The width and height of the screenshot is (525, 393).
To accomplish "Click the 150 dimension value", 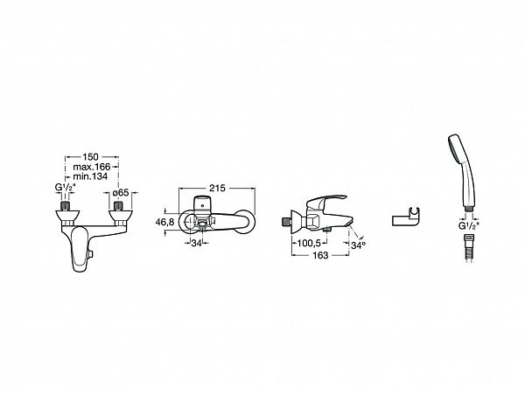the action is click(x=90, y=156).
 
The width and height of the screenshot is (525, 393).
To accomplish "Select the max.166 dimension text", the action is click(x=92, y=167).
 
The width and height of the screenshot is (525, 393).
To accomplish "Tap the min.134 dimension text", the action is click(x=90, y=176).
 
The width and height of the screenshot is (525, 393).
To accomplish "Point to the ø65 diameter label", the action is click(x=121, y=193).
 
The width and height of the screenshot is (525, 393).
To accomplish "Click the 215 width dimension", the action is click(x=217, y=188).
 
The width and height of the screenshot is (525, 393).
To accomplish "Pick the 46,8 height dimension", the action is click(x=164, y=222).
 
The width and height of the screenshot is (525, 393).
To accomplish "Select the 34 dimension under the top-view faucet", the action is click(x=196, y=244).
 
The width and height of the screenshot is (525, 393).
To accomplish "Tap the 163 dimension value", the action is click(x=320, y=255).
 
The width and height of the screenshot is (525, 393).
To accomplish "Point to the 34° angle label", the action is click(x=358, y=245).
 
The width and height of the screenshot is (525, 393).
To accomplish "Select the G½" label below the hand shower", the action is click(x=469, y=226).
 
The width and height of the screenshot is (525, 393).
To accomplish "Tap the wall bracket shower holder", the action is click(x=405, y=219).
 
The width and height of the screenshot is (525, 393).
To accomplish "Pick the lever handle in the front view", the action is click(x=80, y=248).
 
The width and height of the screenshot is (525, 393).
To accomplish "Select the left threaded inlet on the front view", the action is click(x=66, y=205).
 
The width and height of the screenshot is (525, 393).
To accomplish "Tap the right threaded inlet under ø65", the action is click(x=118, y=205).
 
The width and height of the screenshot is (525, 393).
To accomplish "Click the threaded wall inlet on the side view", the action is click(x=285, y=222).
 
